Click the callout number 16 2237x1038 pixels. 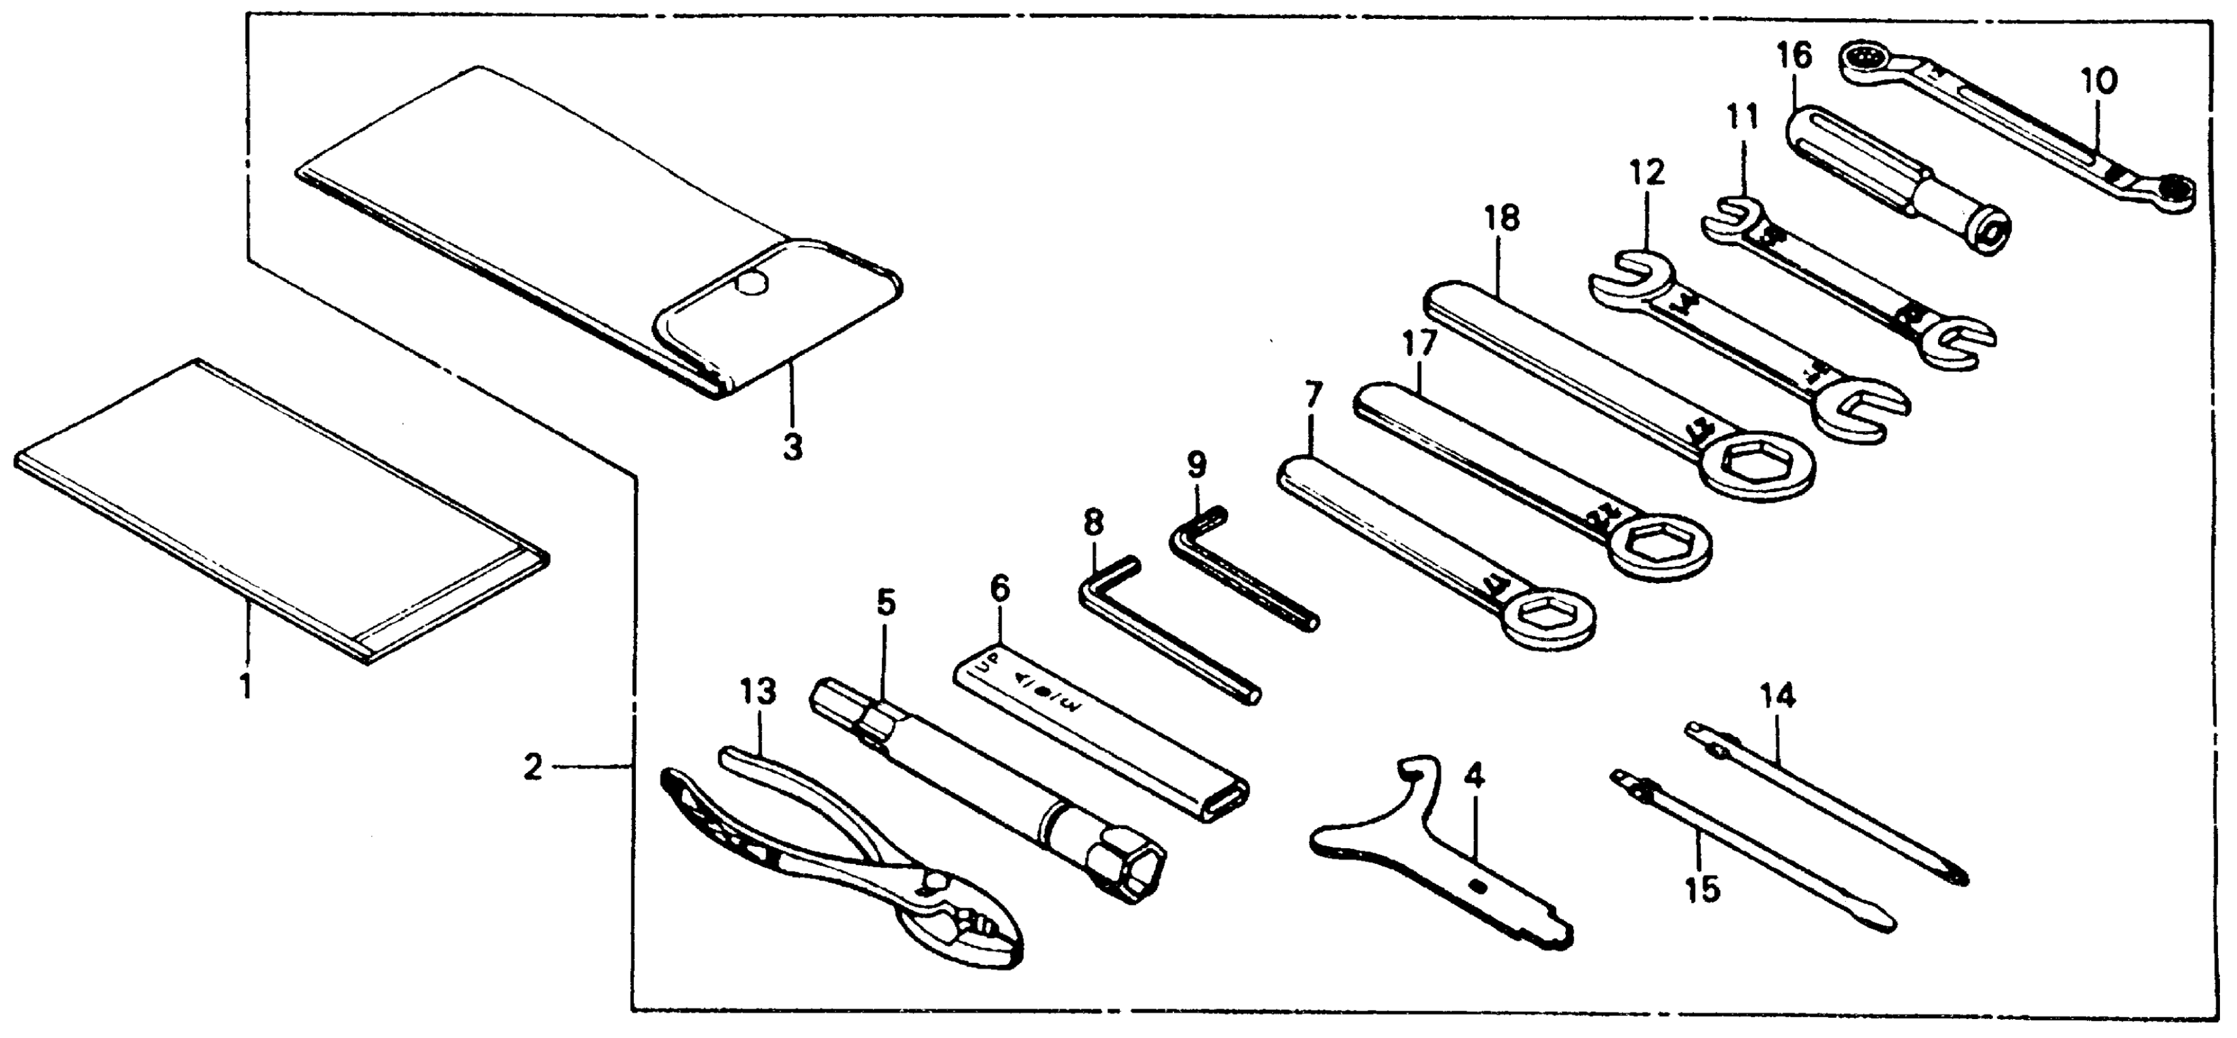(1793, 57)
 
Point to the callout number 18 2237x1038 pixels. (1502, 219)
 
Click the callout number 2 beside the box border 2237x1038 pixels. (532, 768)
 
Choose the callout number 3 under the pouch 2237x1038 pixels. (791, 448)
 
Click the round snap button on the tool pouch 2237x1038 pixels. (752, 284)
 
